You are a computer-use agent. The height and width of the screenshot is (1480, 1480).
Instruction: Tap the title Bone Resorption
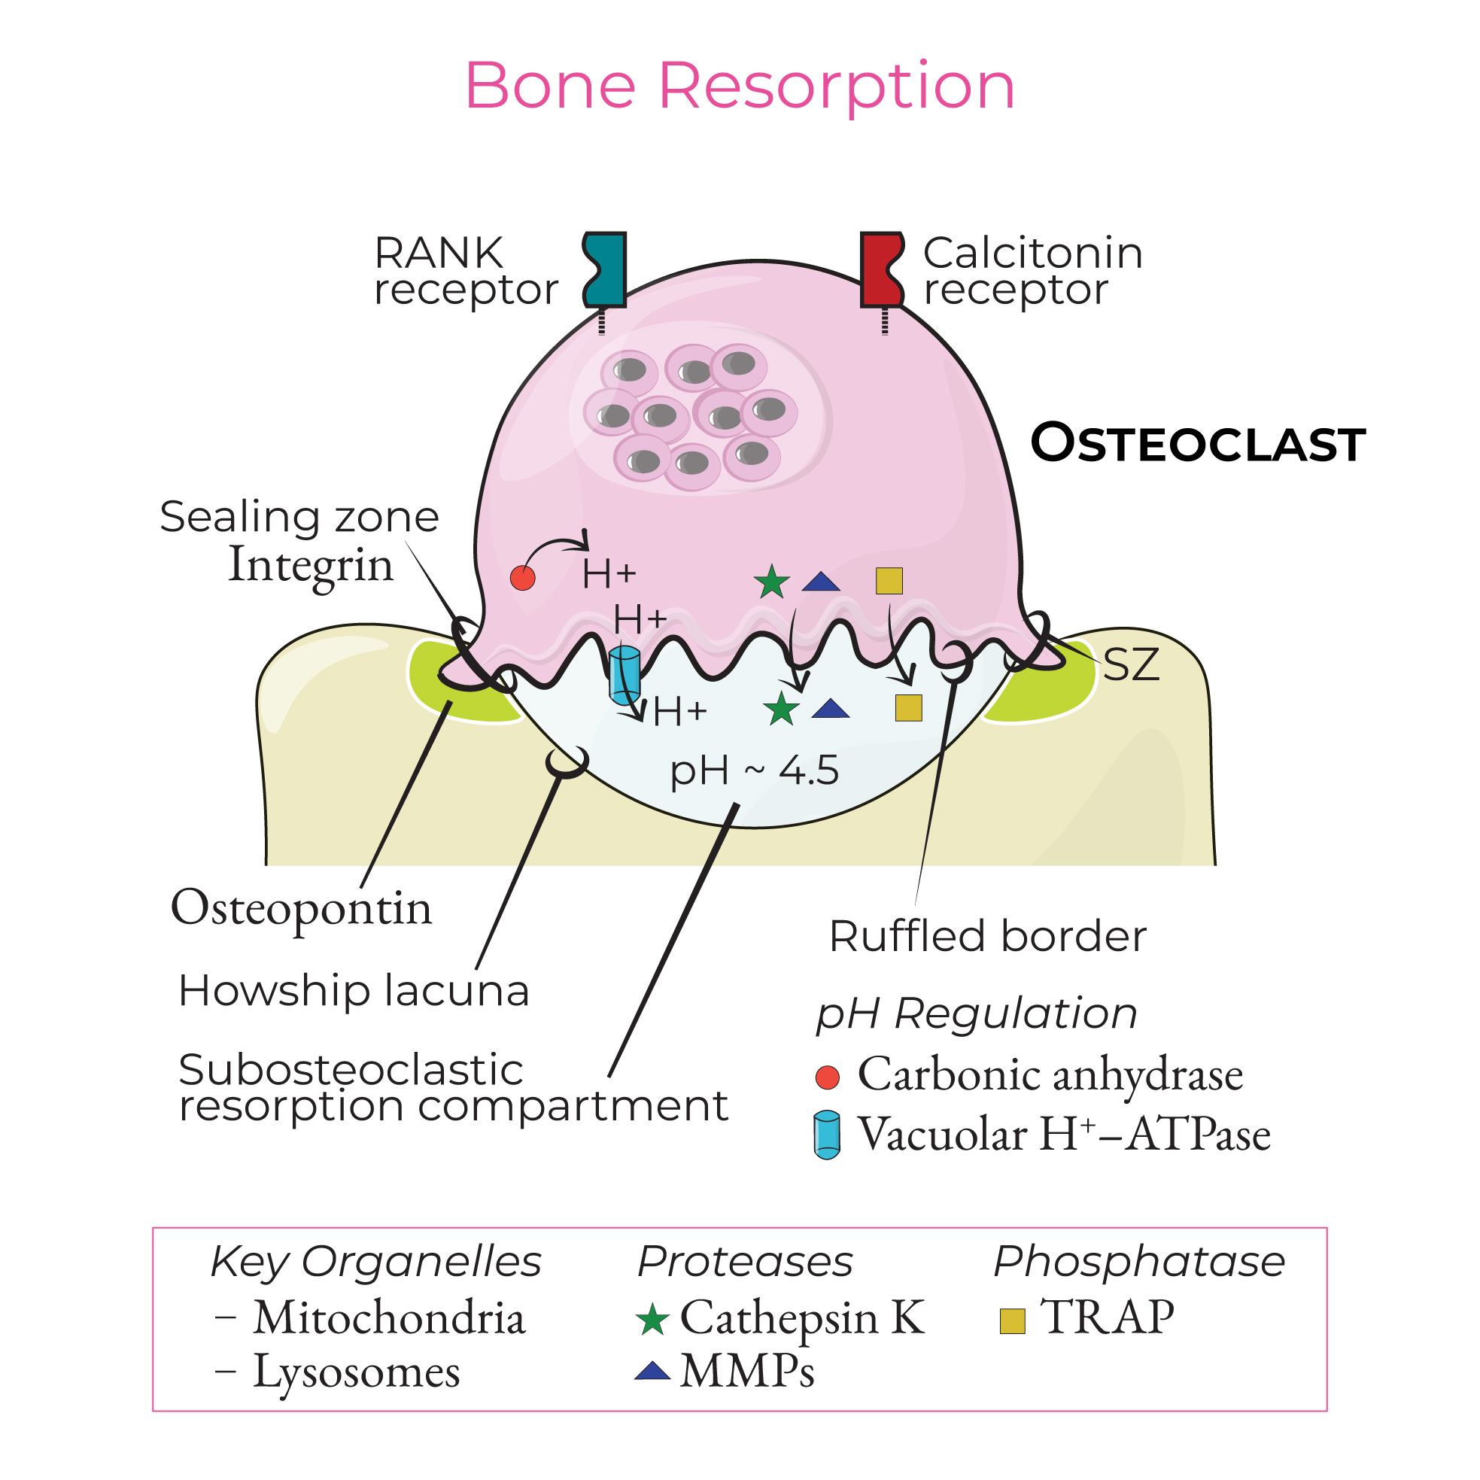pos(739,86)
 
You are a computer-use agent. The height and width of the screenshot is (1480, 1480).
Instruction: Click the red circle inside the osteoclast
pos(522,578)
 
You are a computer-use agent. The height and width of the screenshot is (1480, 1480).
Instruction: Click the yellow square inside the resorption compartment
pos(908,708)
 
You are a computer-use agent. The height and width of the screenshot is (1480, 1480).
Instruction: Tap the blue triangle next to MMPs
pos(652,1371)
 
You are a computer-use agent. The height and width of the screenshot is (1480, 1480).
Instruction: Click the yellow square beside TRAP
pos(1012,1320)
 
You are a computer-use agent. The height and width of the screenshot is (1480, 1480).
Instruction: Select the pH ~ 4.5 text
pos(754,770)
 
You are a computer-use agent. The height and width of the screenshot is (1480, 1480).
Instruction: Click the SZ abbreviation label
pos(1130,665)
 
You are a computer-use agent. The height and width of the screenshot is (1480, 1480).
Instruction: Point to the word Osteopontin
pos(301,908)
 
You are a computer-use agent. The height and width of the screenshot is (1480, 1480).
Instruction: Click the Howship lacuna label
pos(353,990)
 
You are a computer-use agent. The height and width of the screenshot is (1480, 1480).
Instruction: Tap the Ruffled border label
pos(987,936)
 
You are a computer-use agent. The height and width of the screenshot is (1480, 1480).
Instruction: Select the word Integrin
pos(310,565)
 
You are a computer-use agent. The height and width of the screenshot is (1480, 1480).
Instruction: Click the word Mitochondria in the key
pos(389,1318)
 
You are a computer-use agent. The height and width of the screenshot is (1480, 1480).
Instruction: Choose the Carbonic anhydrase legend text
pos(1050,1074)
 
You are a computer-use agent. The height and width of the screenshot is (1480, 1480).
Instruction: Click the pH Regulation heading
pos(976,1014)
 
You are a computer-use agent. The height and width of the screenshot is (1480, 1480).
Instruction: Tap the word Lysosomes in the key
pos(356,1372)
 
